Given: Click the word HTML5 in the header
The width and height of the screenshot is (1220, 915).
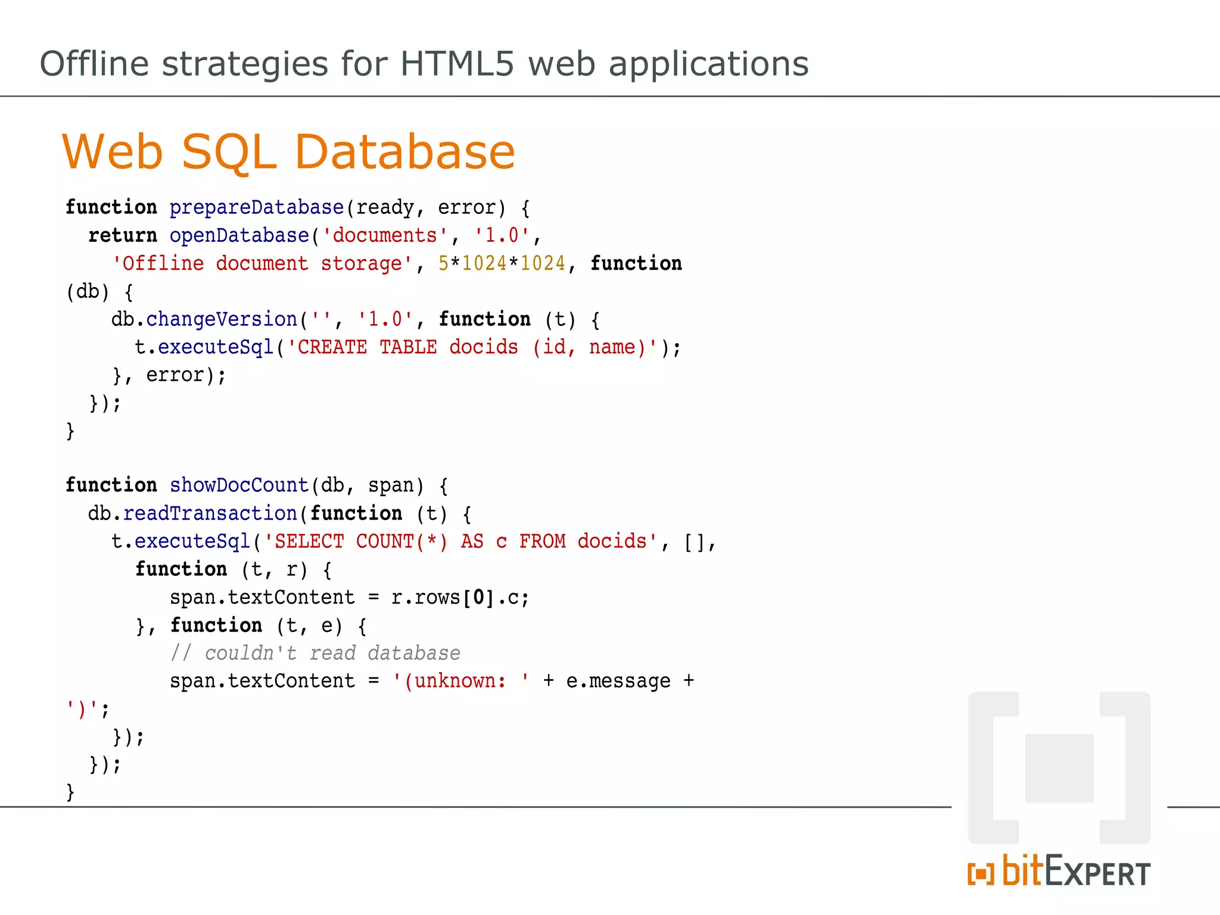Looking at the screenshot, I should click(456, 64).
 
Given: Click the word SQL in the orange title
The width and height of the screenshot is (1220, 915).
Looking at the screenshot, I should click(229, 152).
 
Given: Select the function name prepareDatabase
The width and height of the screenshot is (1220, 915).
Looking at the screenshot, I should click(256, 207).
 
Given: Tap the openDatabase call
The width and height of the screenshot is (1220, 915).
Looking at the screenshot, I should click(239, 235).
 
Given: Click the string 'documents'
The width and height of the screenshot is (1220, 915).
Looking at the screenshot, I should click(385, 235).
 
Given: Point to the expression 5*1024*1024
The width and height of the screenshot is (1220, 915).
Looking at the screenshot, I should click(502, 263).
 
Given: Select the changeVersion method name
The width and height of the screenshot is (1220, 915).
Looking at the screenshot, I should click(222, 319).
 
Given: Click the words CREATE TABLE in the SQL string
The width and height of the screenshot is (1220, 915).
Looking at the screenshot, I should click(367, 347).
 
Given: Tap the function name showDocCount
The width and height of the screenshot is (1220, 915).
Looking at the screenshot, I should click(239, 485).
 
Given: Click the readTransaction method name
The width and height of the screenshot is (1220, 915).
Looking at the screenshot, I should click(210, 513).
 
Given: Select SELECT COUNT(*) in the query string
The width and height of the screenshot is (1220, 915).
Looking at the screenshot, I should click(355, 541).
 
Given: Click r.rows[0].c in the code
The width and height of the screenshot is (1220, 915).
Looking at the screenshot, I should click(460, 597).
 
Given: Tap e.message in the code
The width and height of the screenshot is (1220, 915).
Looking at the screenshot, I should click(618, 681).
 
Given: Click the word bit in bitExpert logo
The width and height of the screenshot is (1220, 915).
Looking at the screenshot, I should click(1022, 871).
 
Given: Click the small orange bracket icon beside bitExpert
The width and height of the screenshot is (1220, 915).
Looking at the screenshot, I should click(981, 874).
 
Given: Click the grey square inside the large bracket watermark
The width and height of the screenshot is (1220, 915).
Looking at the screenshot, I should click(1059, 768).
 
